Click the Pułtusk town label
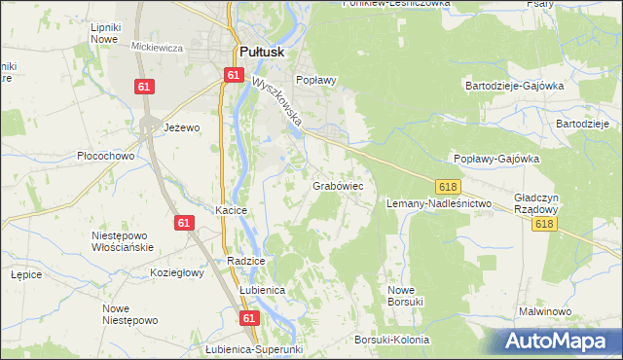tap(260, 54)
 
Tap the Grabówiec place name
tap(338, 184)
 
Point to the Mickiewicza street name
tap(158, 47)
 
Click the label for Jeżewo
tap(181, 127)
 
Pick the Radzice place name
tap(246, 261)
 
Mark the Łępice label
tap(25, 274)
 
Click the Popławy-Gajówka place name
tap(496, 159)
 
